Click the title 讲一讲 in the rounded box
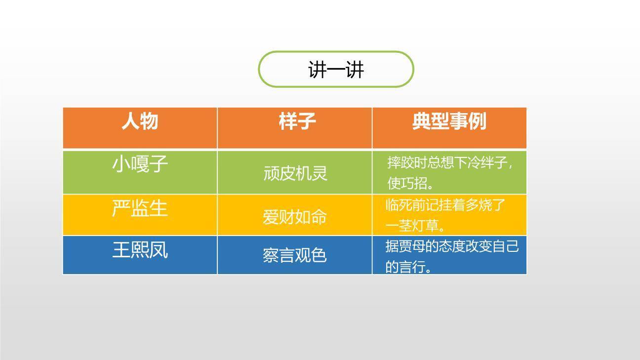coord(336,70)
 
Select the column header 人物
coord(140,121)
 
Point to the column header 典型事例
coord(449,121)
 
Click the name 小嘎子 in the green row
coord(140,164)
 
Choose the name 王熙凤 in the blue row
coord(140,250)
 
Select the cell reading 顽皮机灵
coord(295,173)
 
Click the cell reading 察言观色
coord(294,255)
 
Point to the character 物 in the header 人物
coord(149,121)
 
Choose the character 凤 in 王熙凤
coord(159,250)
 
